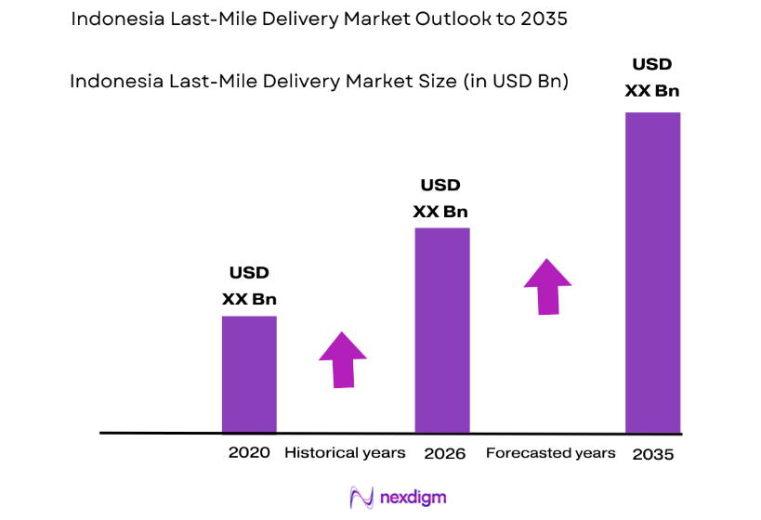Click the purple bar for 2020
[249, 374]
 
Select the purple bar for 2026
[441, 330]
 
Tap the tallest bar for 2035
[652, 272]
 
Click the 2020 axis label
[249, 453]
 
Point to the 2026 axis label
[444, 453]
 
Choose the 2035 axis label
[652, 454]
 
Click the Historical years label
[345, 453]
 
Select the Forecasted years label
[550, 453]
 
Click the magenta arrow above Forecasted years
[547, 287]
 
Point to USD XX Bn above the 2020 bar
[249, 286]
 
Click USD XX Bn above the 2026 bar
[440, 199]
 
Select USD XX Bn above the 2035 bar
[652, 78]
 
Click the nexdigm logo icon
[361, 497]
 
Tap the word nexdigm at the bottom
[413, 498]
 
